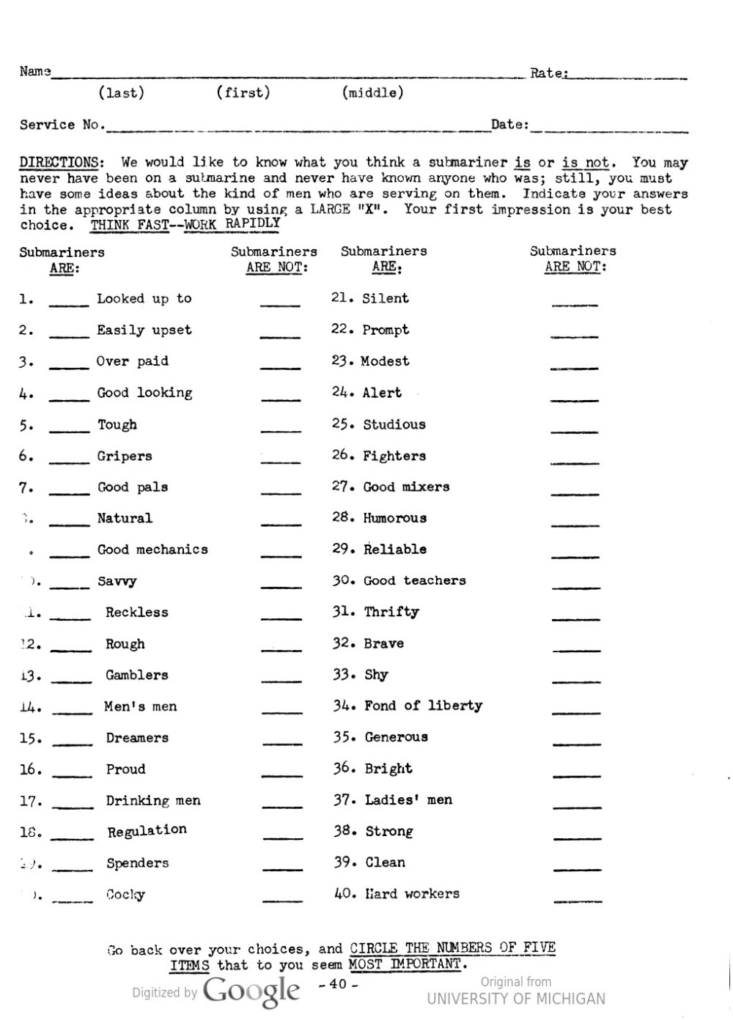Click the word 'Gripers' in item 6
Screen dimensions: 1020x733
[125, 456]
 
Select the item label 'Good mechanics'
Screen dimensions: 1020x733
[152, 550]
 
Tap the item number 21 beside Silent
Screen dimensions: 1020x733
[342, 297]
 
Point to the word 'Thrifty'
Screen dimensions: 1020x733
[391, 612]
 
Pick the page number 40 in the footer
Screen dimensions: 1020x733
[338, 984]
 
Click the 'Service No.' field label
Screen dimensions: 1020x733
[62, 125]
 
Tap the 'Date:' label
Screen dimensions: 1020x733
[509, 125]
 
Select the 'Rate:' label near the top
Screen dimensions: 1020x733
[548, 73]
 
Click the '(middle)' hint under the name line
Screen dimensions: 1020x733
[372, 93]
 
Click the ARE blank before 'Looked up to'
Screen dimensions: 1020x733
[69, 304]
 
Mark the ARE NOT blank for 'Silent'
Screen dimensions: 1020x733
[575, 303]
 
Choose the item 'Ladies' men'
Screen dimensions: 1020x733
[408, 800]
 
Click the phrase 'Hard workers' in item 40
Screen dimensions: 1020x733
[412, 894]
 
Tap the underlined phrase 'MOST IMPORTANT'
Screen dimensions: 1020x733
[405, 964]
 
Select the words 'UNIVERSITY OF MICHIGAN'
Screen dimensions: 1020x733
[516, 999]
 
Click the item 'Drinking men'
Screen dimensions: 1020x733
[153, 801]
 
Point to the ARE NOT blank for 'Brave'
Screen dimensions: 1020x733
[576, 649]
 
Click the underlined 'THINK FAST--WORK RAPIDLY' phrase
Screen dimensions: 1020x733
[185, 224]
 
